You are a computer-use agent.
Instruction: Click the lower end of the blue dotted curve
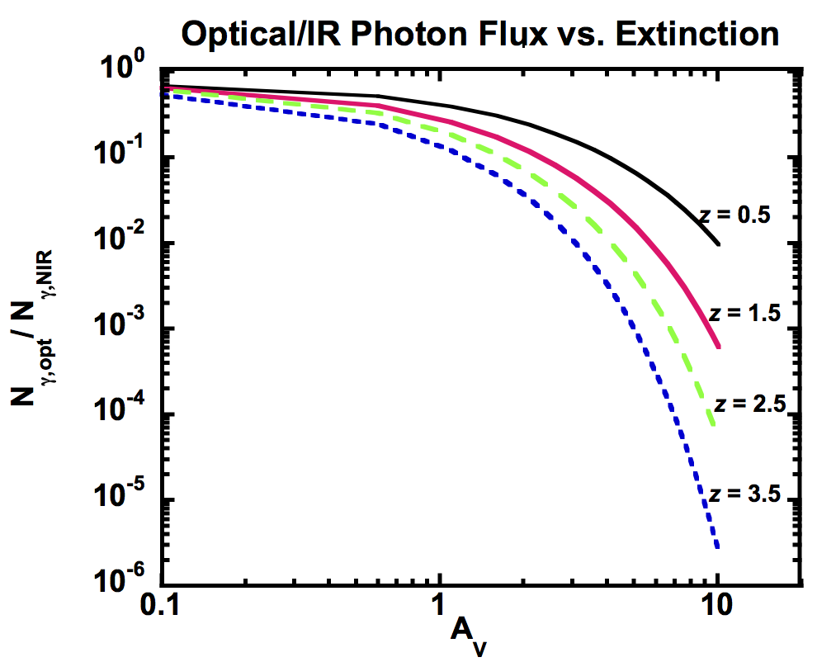[x=718, y=546]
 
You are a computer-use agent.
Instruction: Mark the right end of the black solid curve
[x=719, y=244]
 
